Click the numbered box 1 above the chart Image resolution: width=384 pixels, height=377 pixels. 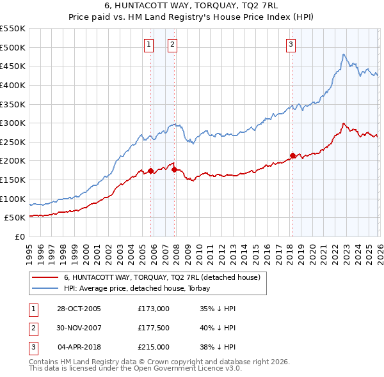point(148,44)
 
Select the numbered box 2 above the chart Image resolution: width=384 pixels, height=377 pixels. point(173,44)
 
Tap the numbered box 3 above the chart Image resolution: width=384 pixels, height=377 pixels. point(291,44)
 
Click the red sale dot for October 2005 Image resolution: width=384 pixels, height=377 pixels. point(151,171)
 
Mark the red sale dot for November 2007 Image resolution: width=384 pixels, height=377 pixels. point(174,169)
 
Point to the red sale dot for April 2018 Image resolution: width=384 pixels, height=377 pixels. point(292,155)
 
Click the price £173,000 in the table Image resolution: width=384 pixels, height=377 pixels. point(154,309)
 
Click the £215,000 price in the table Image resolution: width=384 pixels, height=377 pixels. point(154,347)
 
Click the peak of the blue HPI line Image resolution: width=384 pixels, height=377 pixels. point(344,55)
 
